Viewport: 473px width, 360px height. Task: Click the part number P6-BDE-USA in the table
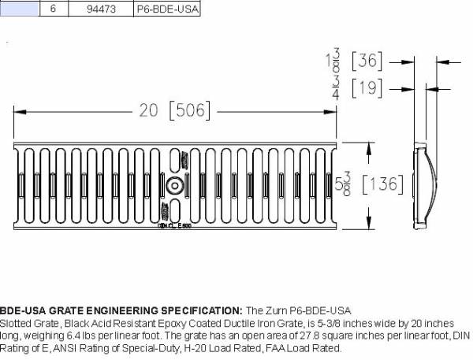pos(166,9)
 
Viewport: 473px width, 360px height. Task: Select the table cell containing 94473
pos(100,9)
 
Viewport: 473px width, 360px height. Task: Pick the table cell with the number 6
pos(53,9)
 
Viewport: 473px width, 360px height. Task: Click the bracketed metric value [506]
pos(190,111)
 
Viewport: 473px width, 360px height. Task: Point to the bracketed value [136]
pos(382,185)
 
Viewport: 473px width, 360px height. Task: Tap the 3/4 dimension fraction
pos(336,88)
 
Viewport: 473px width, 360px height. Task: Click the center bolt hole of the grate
pos(174,186)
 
